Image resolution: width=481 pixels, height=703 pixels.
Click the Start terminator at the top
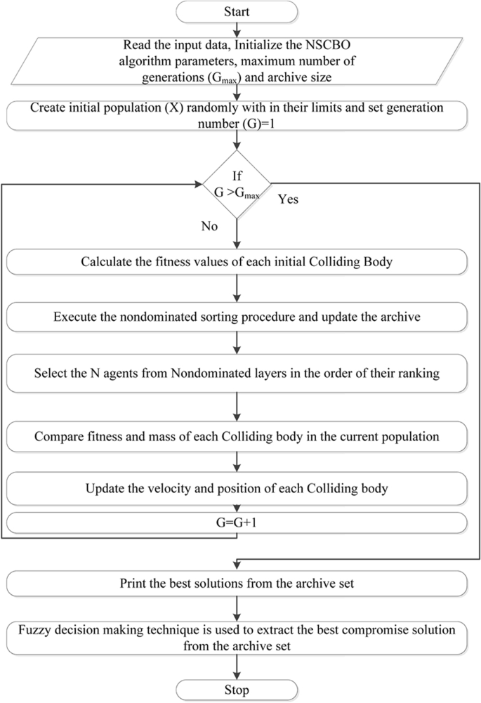237,12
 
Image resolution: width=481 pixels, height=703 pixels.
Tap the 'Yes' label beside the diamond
289,199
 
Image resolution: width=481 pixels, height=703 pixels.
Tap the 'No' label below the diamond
209,228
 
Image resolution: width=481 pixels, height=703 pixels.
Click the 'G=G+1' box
237,523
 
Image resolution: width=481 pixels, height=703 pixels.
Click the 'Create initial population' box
237,115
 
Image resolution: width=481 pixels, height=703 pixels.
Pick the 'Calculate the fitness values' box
237,263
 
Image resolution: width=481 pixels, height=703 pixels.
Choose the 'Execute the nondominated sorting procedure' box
237,317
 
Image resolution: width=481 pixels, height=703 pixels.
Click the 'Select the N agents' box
237,373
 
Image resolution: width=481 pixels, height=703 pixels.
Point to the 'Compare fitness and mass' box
237,436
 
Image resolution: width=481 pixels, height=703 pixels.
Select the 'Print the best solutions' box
237,582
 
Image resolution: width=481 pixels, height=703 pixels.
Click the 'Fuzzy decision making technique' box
237,636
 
